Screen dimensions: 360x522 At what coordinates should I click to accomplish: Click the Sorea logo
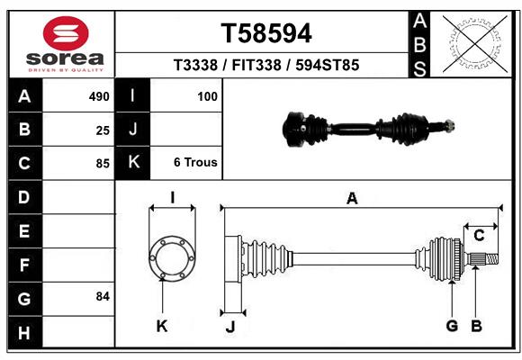click(x=66, y=44)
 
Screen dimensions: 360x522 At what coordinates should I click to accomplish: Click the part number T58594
click(x=266, y=33)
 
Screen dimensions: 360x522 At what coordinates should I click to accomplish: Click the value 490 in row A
click(x=99, y=95)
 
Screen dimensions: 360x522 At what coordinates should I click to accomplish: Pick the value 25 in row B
click(x=103, y=130)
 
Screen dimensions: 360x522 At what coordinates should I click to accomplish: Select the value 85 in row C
click(x=103, y=164)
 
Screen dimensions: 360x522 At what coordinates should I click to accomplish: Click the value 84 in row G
click(x=102, y=296)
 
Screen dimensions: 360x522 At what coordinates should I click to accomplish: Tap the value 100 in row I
click(x=208, y=95)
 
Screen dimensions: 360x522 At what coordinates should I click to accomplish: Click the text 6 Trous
click(x=195, y=163)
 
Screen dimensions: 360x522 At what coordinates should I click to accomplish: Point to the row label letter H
click(x=24, y=333)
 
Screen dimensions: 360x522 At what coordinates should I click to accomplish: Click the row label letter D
click(x=24, y=197)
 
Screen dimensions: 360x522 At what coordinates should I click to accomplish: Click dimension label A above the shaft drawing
click(x=352, y=199)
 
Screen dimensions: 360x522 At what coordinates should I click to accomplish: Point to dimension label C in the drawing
click(x=480, y=236)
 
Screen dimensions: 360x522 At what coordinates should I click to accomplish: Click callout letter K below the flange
click(x=162, y=326)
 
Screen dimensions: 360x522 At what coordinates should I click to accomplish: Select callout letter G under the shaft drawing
click(x=452, y=326)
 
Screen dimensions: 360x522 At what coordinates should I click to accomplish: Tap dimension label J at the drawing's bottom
click(x=229, y=327)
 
